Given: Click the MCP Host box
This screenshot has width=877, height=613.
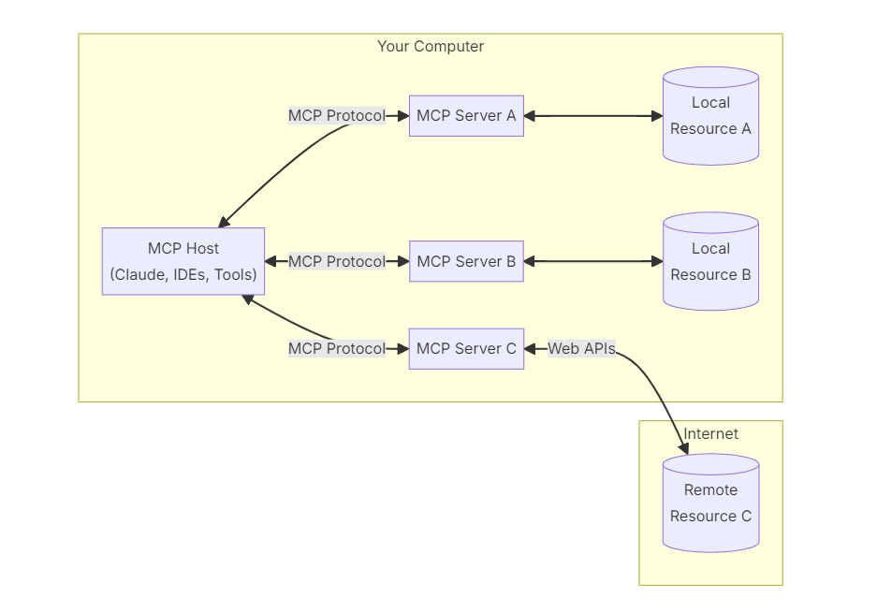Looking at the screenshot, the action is [183, 261].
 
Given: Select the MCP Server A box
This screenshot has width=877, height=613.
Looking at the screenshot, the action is [466, 116].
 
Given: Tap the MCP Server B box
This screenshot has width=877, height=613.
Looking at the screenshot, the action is [466, 261].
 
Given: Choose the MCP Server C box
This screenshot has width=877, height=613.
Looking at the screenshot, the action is [466, 348].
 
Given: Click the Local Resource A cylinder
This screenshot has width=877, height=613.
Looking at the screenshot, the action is [711, 116].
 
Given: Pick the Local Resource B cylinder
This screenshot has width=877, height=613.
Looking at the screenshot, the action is [711, 261].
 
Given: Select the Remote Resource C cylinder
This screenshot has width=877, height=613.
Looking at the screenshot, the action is [711, 503].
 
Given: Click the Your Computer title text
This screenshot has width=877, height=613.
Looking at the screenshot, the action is [431, 47].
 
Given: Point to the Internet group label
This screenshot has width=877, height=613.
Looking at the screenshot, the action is [711, 433].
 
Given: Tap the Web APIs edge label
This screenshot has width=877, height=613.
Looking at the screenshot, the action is [581, 348].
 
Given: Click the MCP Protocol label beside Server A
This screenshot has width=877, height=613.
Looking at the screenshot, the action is [337, 116].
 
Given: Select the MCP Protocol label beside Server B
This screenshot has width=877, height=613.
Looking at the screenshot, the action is [337, 261].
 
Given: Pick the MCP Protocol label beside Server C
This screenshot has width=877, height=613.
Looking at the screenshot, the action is [337, 348].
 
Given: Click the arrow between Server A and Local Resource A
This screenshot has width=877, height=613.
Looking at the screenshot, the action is [593, 116].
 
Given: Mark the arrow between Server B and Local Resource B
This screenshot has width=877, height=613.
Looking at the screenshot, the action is [593, 261].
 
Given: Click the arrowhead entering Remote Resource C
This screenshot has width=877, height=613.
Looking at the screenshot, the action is [684, 448].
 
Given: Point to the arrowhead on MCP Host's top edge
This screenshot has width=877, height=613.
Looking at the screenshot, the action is [224, 222].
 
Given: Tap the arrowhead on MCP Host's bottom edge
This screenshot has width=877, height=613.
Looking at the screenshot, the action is [248, 299].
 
